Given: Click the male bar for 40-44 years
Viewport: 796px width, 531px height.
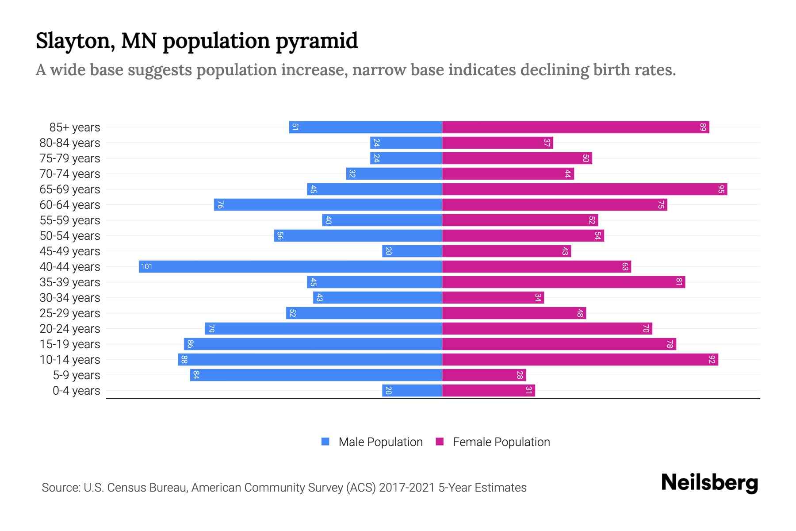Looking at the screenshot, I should [x=290, y=266].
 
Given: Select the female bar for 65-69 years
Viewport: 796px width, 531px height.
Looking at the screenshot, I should [x=585, y=189].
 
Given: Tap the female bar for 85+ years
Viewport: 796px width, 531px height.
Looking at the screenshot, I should [x=575, y=127].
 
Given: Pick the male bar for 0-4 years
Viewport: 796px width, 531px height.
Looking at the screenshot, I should [x=412, y=390].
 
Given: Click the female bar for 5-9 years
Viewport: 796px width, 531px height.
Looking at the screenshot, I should [x=484, y=375].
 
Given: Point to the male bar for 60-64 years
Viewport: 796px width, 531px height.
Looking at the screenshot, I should [x=328, y=204].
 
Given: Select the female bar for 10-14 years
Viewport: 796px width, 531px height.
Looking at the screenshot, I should [x=580, y=359].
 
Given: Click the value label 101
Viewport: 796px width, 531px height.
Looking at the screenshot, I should [x=146, y=266].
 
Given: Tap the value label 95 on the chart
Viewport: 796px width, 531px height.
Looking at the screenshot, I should [x=721, y=189].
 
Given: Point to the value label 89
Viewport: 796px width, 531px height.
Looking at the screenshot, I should [x=703, y=127].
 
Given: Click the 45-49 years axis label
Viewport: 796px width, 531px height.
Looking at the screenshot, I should [x=70, y=251].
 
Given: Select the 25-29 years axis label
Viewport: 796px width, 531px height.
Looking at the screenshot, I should [x=70, y=313].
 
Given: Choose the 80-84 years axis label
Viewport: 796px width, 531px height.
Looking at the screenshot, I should [x=70, y=143].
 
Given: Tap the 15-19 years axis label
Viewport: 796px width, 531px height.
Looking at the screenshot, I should [x=70, y=344].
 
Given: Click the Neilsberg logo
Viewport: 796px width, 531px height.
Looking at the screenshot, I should [x=709, y=483].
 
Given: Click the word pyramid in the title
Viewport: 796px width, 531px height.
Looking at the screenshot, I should [x=317, y=41].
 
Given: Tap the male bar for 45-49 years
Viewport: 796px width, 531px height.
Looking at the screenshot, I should [x=412, y=251].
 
